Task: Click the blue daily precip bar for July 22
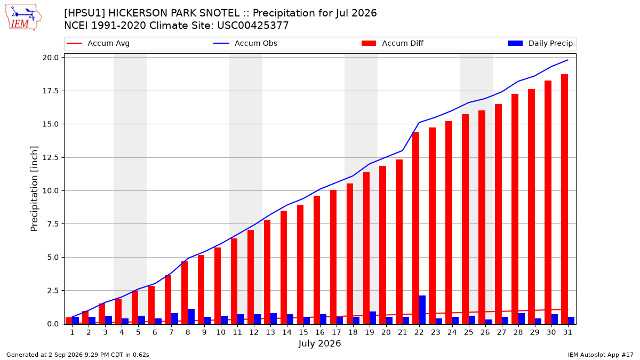tap(422, 310)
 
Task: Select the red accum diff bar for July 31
tap(564, 199)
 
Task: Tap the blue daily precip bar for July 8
tap(191, 316)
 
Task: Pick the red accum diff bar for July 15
tap(300, 265)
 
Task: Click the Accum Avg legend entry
tap(98, 43)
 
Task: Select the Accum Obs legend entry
tap(245, 43)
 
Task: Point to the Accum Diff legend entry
tap(393, 43)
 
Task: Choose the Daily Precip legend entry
tap(540, 43)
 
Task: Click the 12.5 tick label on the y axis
tap(51, 157)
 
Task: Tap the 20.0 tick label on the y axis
tap(51, 58)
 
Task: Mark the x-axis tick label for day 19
tap(370, 332)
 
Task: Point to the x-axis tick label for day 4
tap(122, 332)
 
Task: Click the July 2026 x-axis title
tap(319, 343)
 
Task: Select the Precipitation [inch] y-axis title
tap(34, 189)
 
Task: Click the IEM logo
tap(23, 18)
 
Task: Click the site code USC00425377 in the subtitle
tap(253, 26)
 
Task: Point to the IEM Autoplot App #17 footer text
tap(601, 355)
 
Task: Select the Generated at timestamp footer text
tap(78, 355)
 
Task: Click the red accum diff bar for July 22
tap(415, 228)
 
